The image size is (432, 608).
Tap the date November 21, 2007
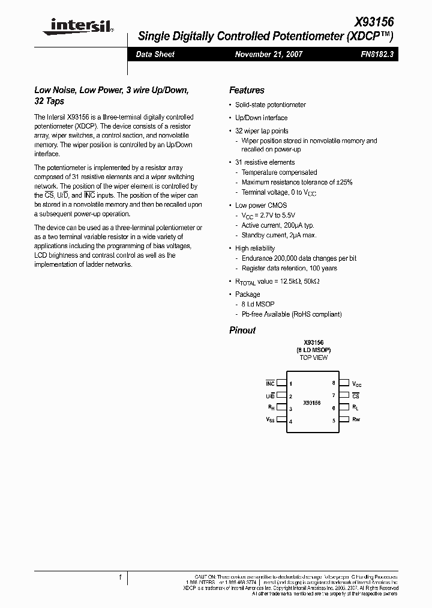(x=269, y=54)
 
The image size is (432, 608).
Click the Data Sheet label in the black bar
(x=155, y=54)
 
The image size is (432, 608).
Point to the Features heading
(x=247, y=90)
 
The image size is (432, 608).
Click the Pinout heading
(x=242, y=330)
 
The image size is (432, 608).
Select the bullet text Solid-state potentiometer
(x=271, y=105)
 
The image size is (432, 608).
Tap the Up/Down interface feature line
(x=261, y=118)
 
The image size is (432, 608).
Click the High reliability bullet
(x=255, y=248)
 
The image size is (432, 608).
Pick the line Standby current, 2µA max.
(x=279, y=236)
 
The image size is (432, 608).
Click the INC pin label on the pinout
(x=270, y=383)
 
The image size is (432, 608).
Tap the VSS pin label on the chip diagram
(x=270, y=421)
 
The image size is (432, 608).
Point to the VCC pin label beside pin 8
(x=357, y=383)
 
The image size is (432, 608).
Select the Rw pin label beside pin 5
(x=356, y=419)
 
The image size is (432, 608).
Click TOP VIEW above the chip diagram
(x=313, y=357)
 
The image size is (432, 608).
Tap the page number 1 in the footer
(x=121, y=577)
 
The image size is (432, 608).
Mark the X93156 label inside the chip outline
(x=312, y=403)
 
